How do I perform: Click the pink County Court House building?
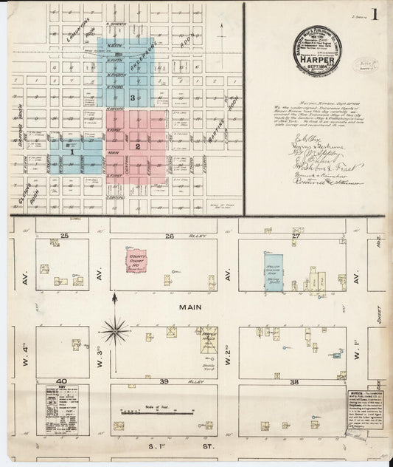[x=136, y=262]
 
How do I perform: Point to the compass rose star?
[x=115, y=329]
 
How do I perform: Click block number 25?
[x=65, y=236]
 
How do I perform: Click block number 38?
[x=293, y=381]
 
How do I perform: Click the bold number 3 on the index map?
[x=131, y=98]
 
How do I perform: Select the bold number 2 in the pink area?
[x=137, y=146]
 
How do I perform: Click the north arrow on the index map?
[x=223, y=30]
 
